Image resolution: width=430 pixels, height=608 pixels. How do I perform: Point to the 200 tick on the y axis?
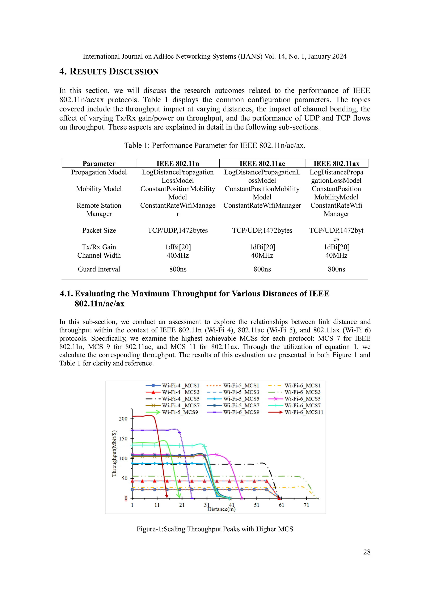pyautogui.click(x=123, y=419)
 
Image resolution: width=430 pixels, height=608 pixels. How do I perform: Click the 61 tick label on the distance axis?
pyautogui.click(x=282, y=505)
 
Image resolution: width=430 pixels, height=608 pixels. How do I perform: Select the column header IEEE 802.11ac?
pyautogui.click(x=262, y=164)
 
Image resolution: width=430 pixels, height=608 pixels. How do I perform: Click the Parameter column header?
pyautogui.click(x=99, y=164)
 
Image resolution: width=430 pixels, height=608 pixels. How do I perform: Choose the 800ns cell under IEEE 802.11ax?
pyautogui.click(x=336, y=269)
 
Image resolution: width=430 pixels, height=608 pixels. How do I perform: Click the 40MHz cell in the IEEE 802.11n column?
pyautogui.click(x=178, y=255)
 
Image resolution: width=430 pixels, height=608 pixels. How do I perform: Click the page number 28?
pyautogui.click(x=367, y=552)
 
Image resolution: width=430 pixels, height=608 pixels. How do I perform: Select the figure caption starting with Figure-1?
pyautogui.click(x=215, y=529)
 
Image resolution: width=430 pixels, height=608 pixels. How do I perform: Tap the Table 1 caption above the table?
pyautogui.click(x=215, y=145)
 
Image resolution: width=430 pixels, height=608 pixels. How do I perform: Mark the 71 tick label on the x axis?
pyautogui.click(x=306, y=505)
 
